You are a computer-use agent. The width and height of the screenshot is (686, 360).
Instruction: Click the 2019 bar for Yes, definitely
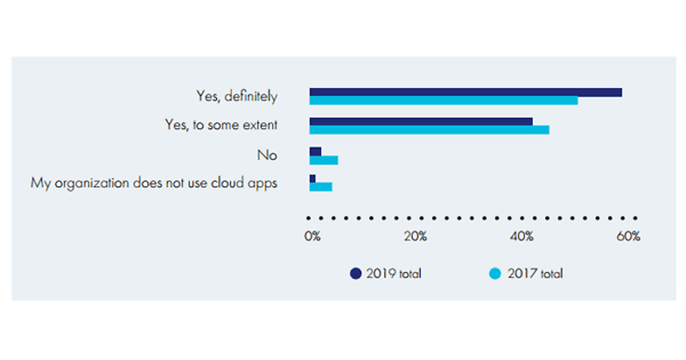[x=465, y=93]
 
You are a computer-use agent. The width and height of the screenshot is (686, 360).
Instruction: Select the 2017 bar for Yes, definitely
[x=444, y=101]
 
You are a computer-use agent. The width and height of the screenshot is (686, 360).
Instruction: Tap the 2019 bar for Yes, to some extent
[x=421, y=122]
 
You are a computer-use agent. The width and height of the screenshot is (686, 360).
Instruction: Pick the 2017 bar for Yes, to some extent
[x=429, y=130]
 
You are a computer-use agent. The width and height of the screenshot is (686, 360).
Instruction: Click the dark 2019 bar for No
[x=316, y=151]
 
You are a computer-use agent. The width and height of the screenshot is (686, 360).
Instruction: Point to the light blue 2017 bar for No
[x=324, y=160]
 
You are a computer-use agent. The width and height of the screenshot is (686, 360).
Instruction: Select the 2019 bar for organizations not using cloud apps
[x=313, y=179]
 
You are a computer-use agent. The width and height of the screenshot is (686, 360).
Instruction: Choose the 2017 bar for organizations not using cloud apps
[x=321, y=187]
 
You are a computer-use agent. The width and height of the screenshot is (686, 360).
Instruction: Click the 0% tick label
[x=312, y=237]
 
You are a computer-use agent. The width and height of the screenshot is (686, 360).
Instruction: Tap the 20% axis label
[x=416, y=237]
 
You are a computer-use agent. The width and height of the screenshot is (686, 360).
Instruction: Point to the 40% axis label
[x=522, y=237]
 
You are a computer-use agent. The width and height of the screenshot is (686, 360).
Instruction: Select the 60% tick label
[x=628, y=237]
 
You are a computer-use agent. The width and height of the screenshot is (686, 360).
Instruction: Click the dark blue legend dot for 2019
[x=356, y=274]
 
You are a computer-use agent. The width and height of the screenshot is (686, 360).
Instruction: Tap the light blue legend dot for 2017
[x=496, y=274]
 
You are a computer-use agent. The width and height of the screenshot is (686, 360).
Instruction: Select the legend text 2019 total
[x=394, y=274]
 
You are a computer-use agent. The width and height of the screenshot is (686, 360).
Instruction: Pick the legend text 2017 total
[x=535, y=274]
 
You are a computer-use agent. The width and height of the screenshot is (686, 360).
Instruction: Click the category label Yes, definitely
[x=237, y=97]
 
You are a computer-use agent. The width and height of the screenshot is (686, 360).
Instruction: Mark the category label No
[x=267, y=155]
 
